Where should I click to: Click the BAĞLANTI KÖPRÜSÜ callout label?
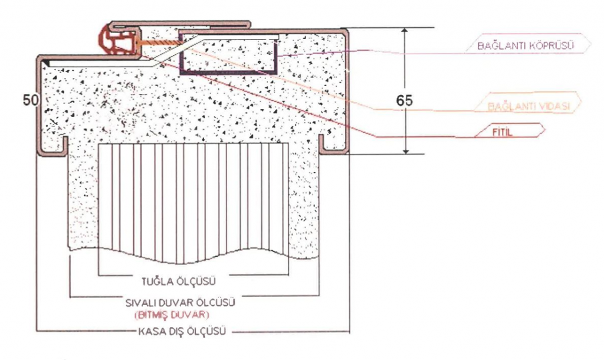[526, 45]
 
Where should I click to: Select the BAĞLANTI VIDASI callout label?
[528, 106]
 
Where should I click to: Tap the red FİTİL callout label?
[503, 132]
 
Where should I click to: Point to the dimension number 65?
[404, 100]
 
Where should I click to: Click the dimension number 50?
[31, 100]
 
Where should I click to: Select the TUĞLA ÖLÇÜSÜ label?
[178, 282]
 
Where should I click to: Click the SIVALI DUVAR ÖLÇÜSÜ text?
[180, 303]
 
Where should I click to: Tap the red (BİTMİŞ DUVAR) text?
[172, 315]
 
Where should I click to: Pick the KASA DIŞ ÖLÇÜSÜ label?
[182, 331]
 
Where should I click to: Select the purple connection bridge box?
[229, 54]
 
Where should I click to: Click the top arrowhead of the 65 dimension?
[405, 32]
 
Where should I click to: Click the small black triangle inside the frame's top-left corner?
[45, 61]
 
